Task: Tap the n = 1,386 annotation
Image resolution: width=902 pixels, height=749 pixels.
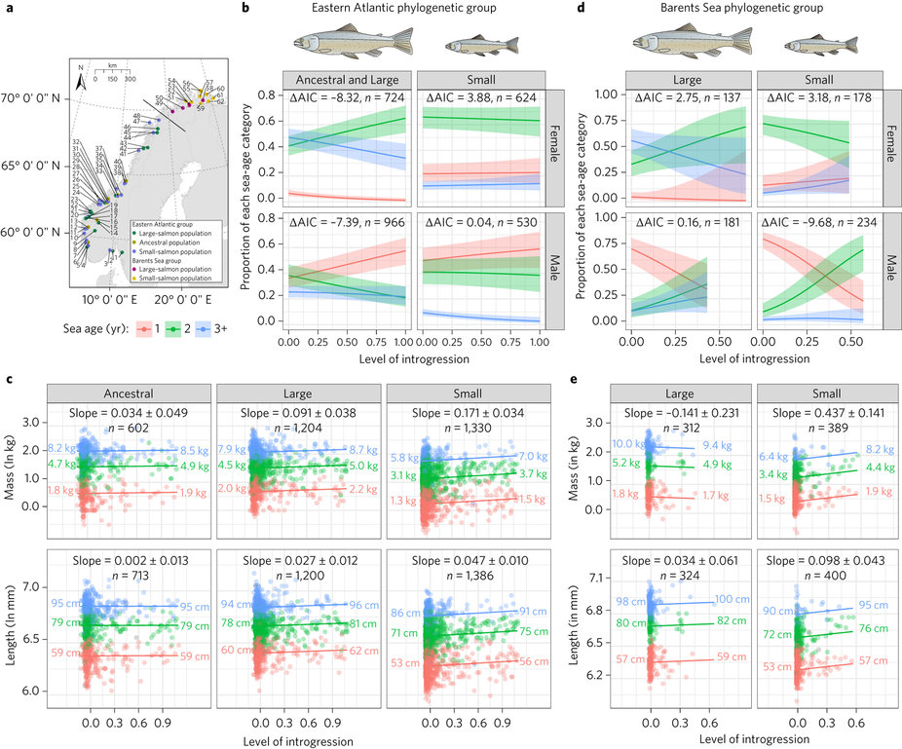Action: [459, 575]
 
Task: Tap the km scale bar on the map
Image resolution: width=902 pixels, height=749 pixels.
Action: [113, 78]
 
